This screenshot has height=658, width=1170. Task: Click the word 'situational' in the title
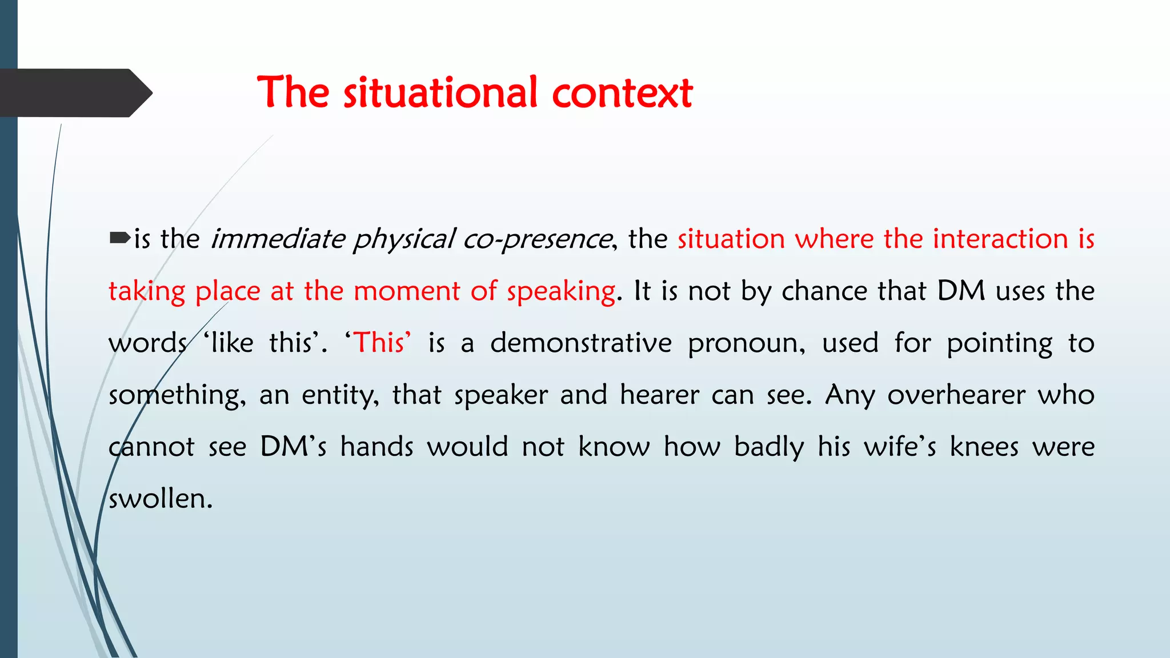coord(440,93)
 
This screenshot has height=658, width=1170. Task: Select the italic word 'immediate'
coord(278,239)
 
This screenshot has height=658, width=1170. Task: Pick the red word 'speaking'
coord(561,292)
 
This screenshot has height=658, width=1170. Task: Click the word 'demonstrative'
coord(581,343)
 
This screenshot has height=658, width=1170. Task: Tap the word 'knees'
coord(984,447)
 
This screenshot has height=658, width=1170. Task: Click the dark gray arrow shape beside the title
coord(74,93)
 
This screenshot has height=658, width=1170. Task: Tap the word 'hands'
coord(376,447)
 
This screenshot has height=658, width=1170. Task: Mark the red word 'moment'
coord(406,291)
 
